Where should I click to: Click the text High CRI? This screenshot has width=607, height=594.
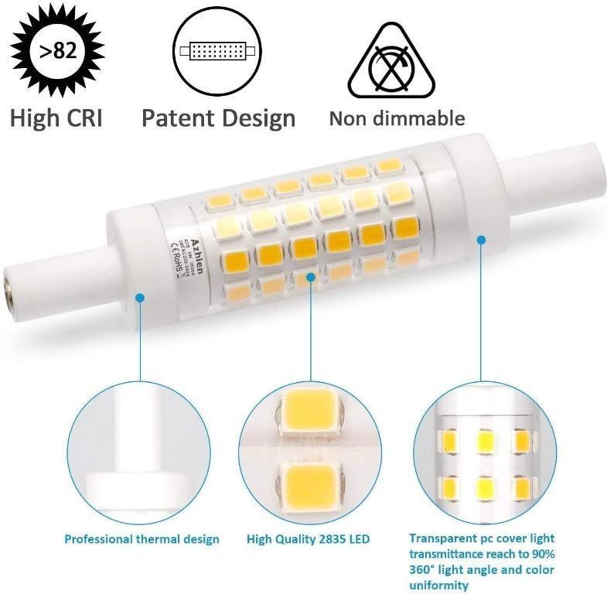(x=56, y=118)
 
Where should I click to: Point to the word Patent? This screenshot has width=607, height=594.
(x=178, y=118)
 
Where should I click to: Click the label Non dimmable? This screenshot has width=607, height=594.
(x=397, y=118)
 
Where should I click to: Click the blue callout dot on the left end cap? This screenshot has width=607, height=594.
(x=140, y=296)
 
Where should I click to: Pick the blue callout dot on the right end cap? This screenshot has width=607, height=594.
(x=480, y=241)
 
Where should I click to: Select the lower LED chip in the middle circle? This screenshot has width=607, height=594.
(x=310, y=482)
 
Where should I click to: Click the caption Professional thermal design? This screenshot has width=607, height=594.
(x=142, y=539)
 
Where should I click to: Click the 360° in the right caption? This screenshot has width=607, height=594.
(x=425, y=570)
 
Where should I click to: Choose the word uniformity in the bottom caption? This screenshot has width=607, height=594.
(x=438, y=585)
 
